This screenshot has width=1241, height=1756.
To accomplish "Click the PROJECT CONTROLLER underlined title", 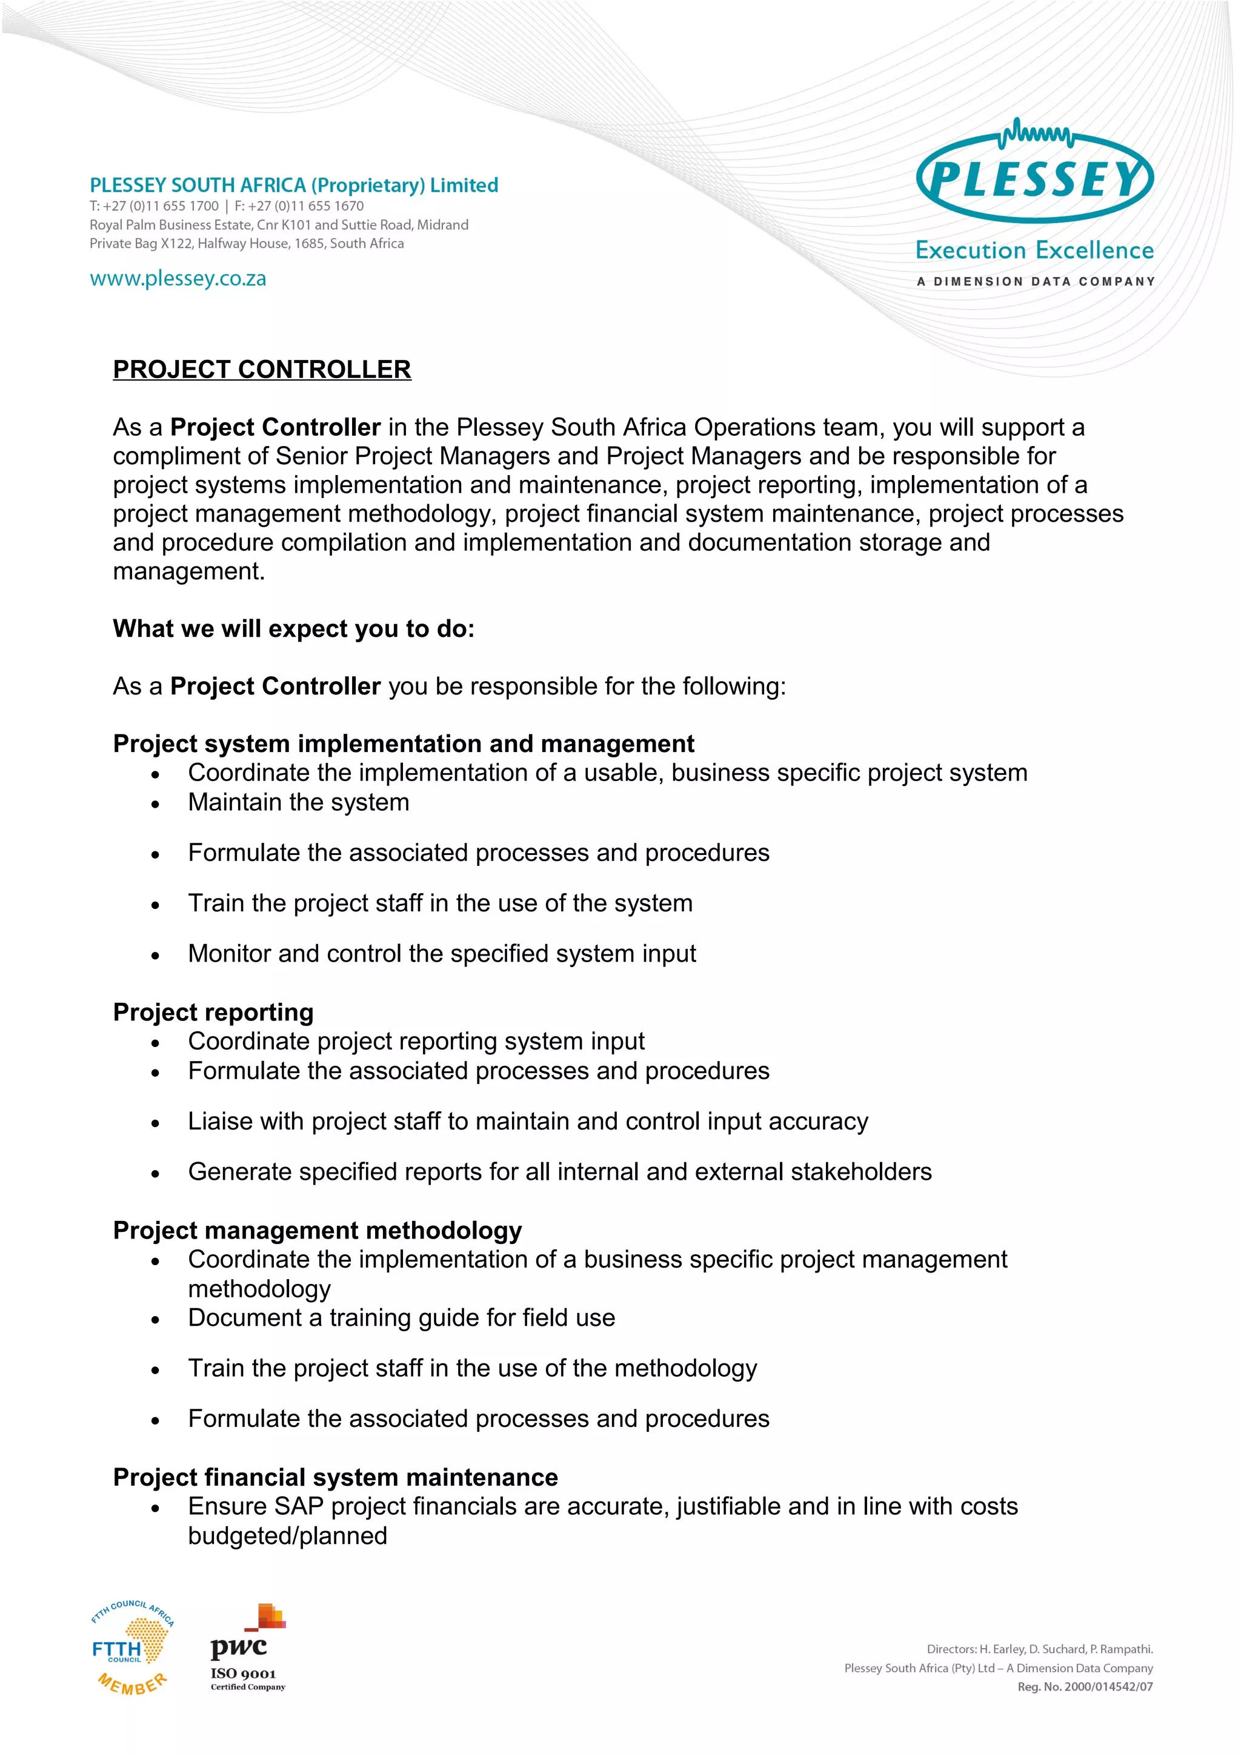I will [x=262, y=370].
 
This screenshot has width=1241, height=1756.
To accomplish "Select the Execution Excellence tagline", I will [x=1034, y=251].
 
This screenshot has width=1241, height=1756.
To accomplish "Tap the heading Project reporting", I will [x=213, y=1012].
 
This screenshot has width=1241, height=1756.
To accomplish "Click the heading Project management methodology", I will [x=318, y=1230].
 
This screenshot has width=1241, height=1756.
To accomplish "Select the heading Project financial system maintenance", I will [x=335, y=1477].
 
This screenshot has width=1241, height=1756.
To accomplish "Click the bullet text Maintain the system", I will [x=298, y=802].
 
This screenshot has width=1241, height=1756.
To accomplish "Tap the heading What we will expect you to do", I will [x=294, y=629].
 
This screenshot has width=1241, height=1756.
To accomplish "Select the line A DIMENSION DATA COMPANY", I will [x=1036, y=281].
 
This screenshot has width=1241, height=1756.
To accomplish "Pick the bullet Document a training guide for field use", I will [x=401, y=1318].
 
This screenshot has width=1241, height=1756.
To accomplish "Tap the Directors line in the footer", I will [x=1039, y=1649].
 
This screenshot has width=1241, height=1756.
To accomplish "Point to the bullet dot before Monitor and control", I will [x=155, y=955].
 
